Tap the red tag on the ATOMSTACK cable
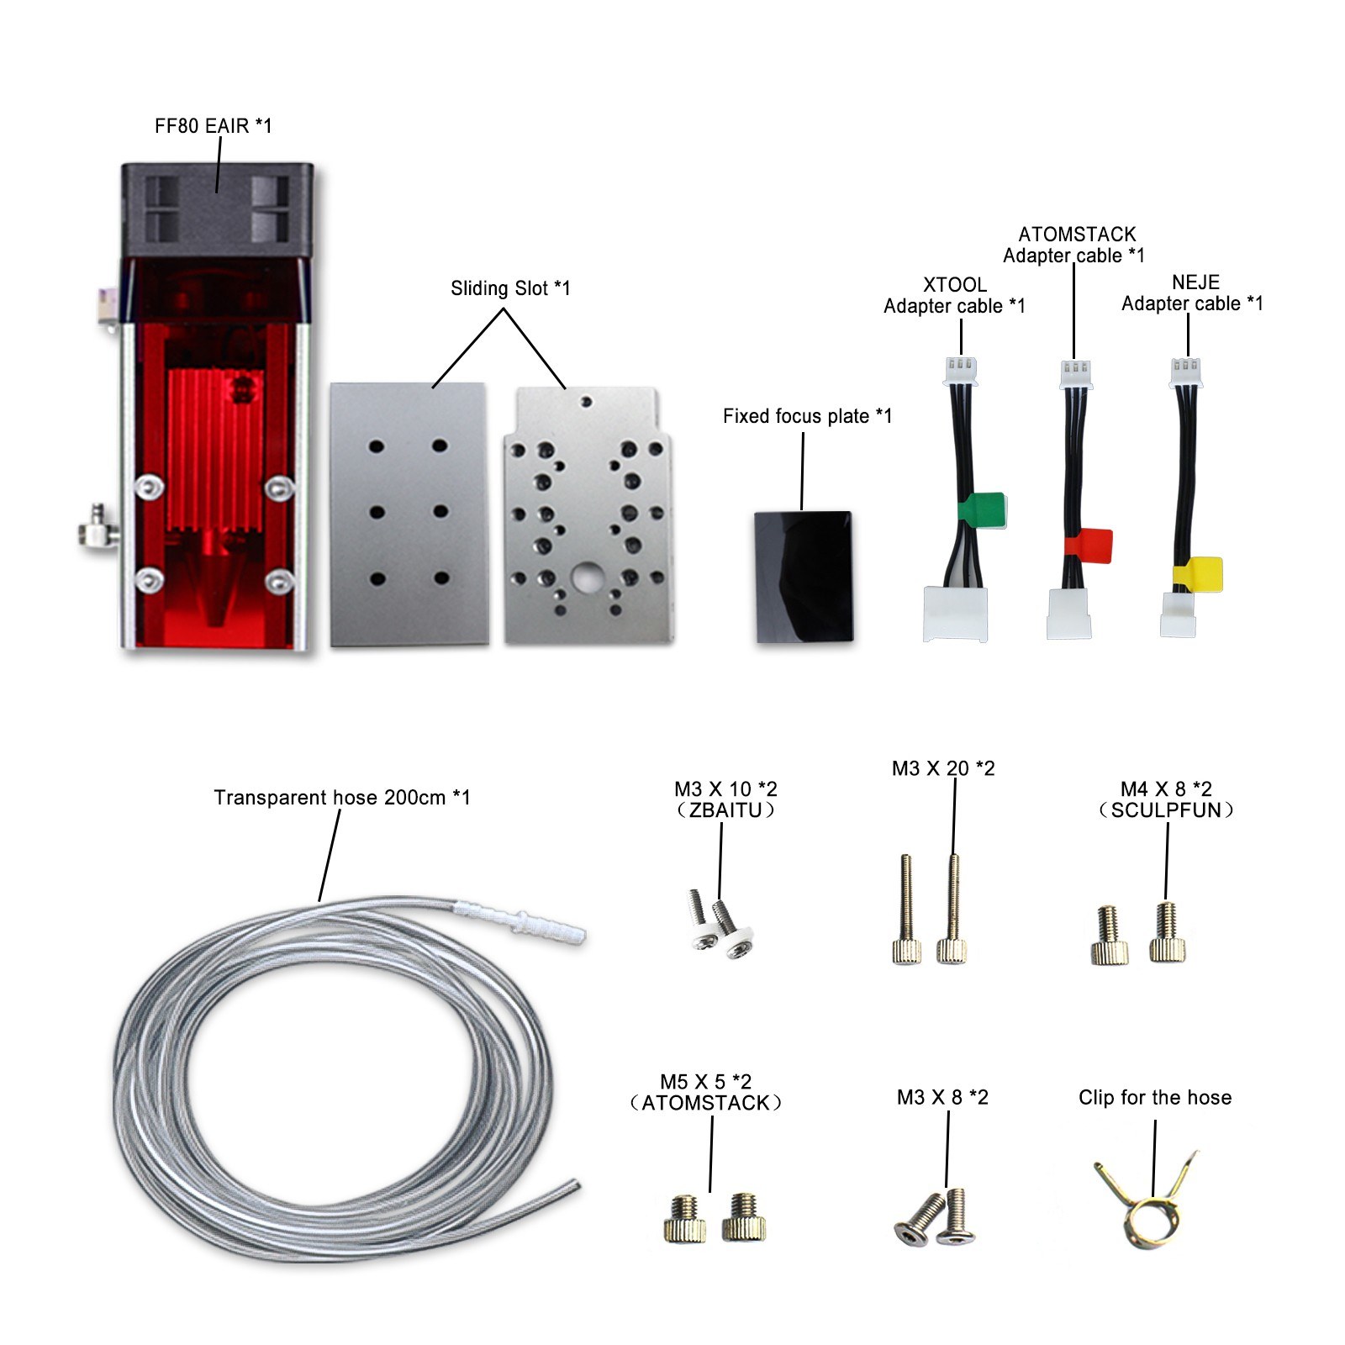point(1089,545)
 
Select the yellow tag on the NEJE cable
point(1199,576)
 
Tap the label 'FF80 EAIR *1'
point(213,126)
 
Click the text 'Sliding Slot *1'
point(510,288)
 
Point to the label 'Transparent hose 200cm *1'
point(341,797)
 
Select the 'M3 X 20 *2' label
point(942,768)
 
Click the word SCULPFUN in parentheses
point(1166,810)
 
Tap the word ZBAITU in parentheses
point(725,810)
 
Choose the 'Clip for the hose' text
point(1154,1097)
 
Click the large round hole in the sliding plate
point(586,577)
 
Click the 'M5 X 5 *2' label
point(704,1082)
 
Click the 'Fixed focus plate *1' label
point(806,416)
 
